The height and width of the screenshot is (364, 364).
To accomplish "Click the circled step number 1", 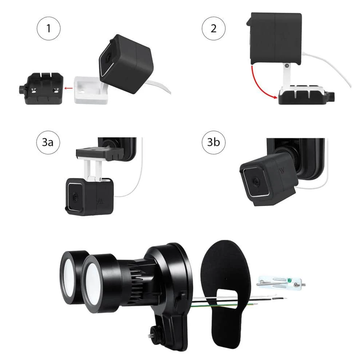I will click(x=48, y=28).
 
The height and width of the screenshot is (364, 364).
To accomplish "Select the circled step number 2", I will click(x=213, y=28).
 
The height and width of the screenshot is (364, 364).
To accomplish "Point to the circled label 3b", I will click(x=213, y=142).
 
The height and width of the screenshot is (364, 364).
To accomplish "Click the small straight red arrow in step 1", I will click(x=67, y=88).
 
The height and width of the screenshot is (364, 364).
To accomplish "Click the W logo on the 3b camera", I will click(x=282, y=170).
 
